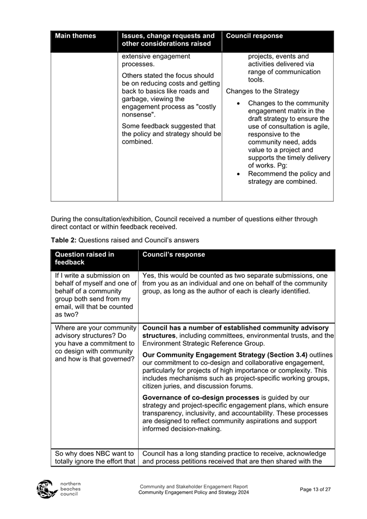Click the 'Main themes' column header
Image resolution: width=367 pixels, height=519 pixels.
(76, 36)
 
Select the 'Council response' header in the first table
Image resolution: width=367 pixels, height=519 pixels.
(254, 36)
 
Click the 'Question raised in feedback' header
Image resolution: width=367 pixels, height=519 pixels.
(84, 258)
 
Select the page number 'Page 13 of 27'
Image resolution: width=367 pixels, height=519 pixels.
(315, 489)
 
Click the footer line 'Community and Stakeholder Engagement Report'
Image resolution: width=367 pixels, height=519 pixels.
(194, 486)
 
